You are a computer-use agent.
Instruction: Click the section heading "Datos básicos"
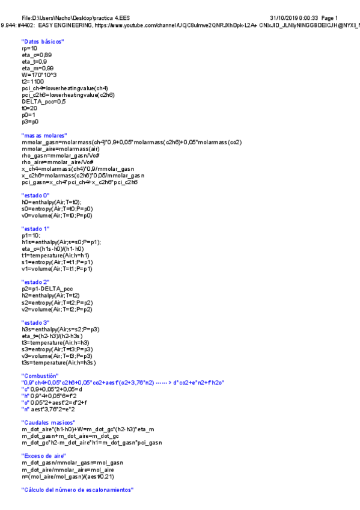click(x=43, y=41)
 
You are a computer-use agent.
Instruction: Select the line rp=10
click(x=29, y=48)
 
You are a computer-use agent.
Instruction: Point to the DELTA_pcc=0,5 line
click(x=43, y=102)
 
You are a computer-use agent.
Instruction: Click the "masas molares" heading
click(x=44, y=135)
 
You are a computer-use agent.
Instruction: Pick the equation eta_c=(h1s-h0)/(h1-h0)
click(x=53, y=248)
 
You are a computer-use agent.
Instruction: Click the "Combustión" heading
click(x=40, y=376)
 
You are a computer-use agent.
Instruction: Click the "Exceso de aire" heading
click(x=43, y=456)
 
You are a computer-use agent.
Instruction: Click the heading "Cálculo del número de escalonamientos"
click(x=77, y=490)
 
